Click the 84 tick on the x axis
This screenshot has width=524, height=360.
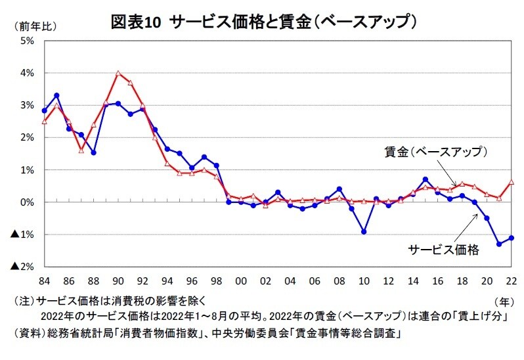pos(44,281)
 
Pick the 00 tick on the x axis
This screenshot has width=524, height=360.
pos(241,281)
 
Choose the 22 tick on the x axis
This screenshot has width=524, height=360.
pos(511,281)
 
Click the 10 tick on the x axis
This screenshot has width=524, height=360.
pos(364,281)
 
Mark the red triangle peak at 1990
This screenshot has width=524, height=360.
pos(118,73)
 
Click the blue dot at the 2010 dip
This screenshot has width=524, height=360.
pos(364,232)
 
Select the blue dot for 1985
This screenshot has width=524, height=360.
pos(56,95)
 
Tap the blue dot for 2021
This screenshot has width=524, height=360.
pos(499,244)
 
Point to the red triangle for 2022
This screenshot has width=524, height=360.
pos(511,181)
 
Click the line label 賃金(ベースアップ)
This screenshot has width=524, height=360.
pos(435,152)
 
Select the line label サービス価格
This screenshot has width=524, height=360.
pos(444,250)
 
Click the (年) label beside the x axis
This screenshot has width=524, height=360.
pos(502,301)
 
